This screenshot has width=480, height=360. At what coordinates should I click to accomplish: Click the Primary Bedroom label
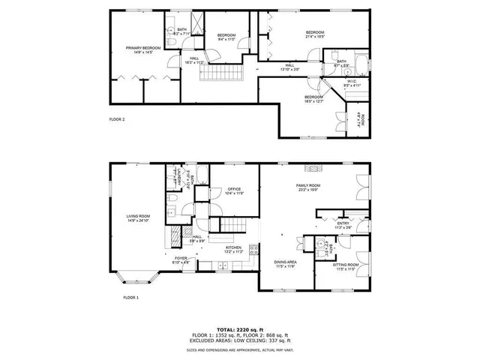coord(139,49)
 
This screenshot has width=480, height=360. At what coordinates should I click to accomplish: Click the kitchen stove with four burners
coord(253,251)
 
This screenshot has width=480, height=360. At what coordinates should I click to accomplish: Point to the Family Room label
coord(308,187)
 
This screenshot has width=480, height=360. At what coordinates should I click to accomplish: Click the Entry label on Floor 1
coord(343,224)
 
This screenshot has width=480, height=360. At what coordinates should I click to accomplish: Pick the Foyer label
coord(181,260)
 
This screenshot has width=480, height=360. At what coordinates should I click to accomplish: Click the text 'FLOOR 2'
coord(117,119)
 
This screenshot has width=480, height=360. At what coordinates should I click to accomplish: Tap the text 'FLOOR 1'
coord(131,298)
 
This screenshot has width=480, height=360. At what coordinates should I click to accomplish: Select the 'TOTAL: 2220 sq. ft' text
coord(240,328)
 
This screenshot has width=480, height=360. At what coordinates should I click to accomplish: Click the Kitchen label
coord(234,248)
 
